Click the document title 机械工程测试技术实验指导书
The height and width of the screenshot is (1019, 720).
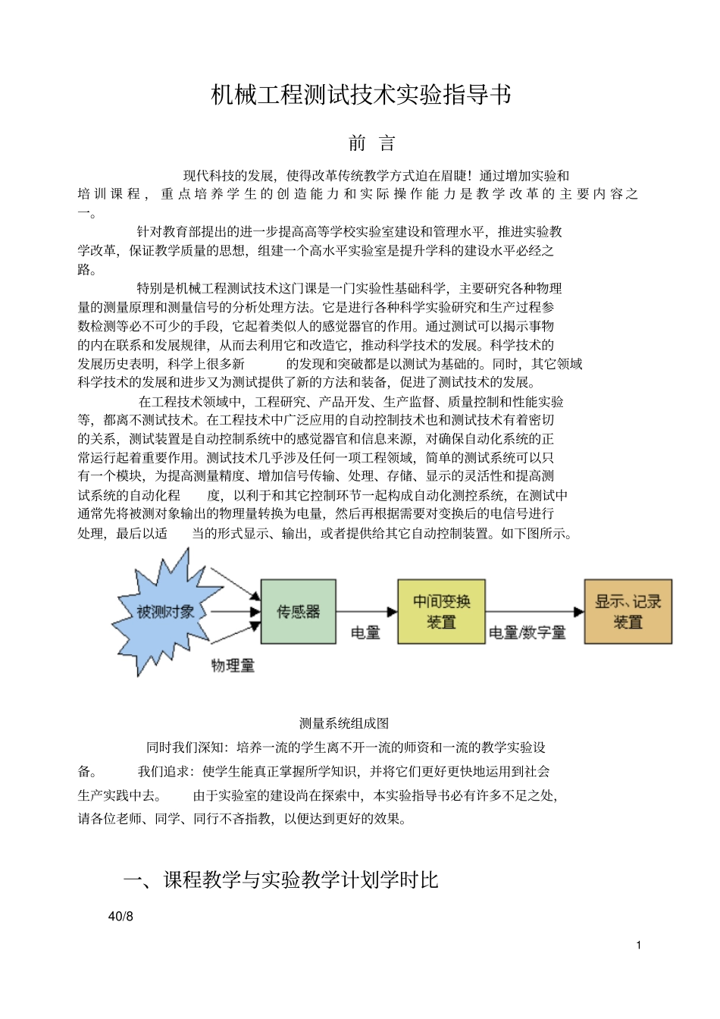361,96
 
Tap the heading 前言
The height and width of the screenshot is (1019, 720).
371,143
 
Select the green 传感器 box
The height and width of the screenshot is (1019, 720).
298,612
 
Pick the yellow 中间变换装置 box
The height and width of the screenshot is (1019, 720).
441,612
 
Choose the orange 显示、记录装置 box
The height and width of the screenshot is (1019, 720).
628,612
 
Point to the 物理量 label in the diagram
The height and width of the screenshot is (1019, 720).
233,666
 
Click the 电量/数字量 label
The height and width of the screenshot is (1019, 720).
527,632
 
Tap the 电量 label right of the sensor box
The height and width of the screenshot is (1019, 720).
365,632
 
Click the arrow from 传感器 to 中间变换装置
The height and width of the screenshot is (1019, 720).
367,612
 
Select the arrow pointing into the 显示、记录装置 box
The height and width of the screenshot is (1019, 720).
534,612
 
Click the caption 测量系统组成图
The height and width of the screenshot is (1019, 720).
344,723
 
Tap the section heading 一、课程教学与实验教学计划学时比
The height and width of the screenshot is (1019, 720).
281,880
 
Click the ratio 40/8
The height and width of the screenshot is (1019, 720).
121,917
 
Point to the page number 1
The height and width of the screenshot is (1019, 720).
639,945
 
